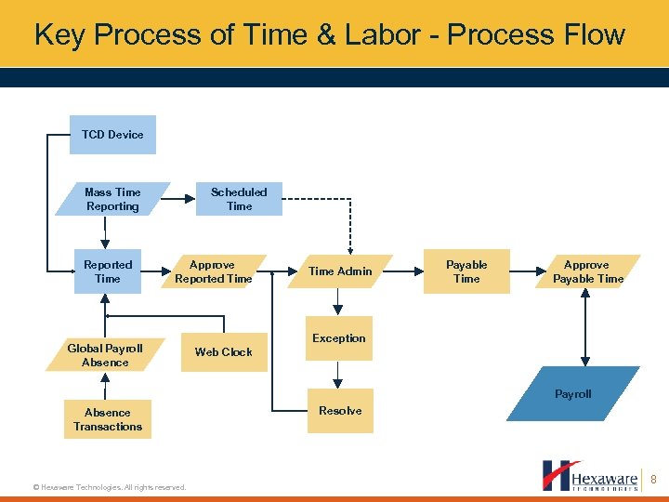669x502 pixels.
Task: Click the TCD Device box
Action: pos(112,135)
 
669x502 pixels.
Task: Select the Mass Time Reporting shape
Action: pos(112,199)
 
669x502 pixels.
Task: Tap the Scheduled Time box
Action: pos(239,199)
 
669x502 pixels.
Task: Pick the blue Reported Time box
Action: pos(108,271)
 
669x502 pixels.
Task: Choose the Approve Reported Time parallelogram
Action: pos(214,271)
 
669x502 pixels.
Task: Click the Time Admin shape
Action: pos(340,271)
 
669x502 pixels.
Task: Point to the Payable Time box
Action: pos(466,271)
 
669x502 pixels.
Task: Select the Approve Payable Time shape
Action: pos(587,271)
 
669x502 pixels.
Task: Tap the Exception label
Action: pos(339,338)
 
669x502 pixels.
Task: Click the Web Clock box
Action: pos(224,352)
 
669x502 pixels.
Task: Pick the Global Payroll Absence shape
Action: pos(105,355)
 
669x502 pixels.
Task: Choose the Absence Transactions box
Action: pos(108,419)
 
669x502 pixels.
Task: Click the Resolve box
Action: pos(340,411)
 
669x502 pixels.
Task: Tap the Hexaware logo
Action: pos(590,475)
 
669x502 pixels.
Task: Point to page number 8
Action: pos(654,480)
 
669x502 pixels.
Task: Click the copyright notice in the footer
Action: pos(109,487)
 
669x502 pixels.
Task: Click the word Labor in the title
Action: pos(388,35)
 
